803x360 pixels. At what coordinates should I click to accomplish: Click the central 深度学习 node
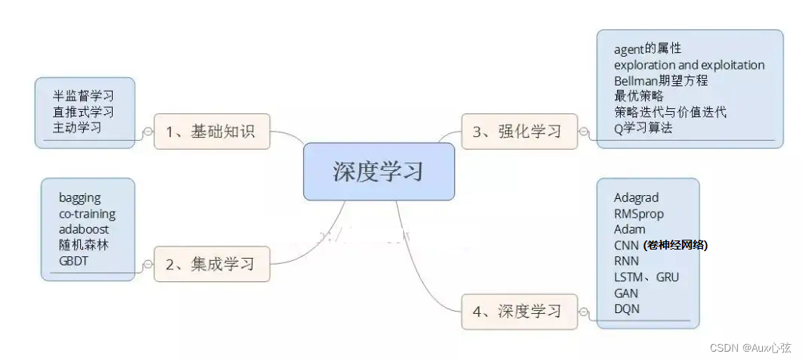click(x=378, y=172)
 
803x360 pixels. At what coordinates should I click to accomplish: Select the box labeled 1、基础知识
click(x=211, y=132)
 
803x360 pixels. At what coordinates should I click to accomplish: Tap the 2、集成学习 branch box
click(x=211, y=264)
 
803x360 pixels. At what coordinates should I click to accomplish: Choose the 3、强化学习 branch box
click(x=519, y=132)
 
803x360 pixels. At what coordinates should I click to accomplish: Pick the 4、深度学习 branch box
click(x=519, y=311)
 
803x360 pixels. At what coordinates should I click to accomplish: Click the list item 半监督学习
click(x=83, y=96)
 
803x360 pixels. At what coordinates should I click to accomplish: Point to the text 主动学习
click(x=77, y=127)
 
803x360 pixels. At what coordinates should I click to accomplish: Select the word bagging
click(x=79, y=197)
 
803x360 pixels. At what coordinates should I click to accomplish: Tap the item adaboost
click(x=84, y=228)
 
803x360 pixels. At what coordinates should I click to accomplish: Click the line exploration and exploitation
click(x=689, y=65)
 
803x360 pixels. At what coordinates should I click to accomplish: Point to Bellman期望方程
click(x=661, y=81)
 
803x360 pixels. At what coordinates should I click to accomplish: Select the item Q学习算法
click(x=643, y=128)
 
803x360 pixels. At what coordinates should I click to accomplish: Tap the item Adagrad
click(x=636, y=197)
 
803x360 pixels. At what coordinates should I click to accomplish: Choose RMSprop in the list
click(x=639, y=213)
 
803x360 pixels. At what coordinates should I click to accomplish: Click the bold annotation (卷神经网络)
click(x=675, y=245)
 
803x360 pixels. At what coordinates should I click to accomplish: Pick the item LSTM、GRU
click(x=646, y=277)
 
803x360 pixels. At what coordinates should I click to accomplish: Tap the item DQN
click(x=627, y=309)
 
